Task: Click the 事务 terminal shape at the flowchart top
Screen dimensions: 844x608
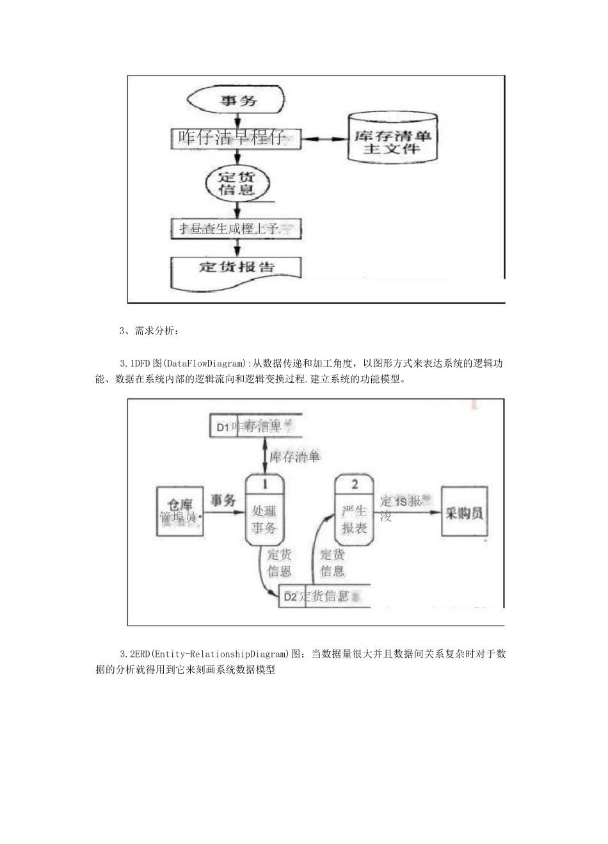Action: coord(236,101)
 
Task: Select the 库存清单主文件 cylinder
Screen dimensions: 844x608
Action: coord(392,138)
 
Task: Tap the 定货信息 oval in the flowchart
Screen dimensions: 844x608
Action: coord(237,183)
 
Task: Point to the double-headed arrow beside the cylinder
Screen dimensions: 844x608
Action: coord(324,139)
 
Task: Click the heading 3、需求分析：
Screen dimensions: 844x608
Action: coord(149,331)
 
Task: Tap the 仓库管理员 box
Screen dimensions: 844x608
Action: coord(180,511)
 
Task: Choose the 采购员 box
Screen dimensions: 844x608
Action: coord(465,512)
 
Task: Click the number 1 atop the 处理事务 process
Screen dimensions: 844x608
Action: coord(264,485)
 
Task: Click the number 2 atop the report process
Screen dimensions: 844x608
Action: coord(355,485)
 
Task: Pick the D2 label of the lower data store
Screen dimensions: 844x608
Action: coord(291,597)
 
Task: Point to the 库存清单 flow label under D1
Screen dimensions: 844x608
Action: coord(294,457)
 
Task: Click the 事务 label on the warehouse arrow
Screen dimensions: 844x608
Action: coord(223,500)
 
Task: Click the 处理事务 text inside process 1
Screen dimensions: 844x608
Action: coord(264,519)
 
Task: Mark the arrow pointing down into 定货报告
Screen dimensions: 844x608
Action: coord(237,247)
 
